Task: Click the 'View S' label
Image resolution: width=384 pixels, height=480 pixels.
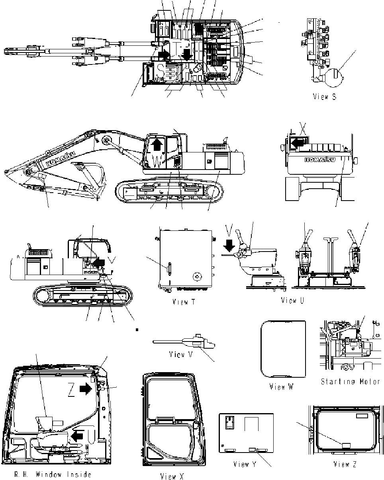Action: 325,96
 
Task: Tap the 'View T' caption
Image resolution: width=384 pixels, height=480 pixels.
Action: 184,302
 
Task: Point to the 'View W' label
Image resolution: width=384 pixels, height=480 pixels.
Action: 282,386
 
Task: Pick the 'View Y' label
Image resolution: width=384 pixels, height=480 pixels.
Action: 247,464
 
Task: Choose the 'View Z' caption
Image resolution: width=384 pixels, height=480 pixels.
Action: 345,464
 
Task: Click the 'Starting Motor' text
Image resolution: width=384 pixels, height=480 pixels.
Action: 350,381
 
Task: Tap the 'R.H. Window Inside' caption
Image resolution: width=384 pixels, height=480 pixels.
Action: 53,474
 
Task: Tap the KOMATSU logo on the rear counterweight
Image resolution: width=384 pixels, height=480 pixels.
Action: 319,160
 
